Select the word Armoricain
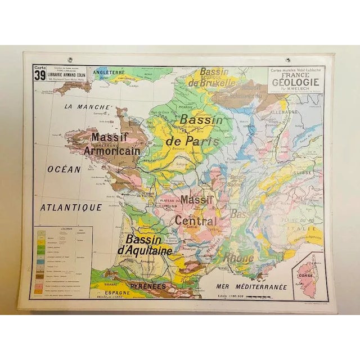pyautogui.click(x=111, y=151)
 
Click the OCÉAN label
pyautogui.click(x=64, y=168)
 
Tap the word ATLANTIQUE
pyautogui.click(x=71, y=207)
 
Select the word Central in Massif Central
pyautogui.click(x=195, y=220)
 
